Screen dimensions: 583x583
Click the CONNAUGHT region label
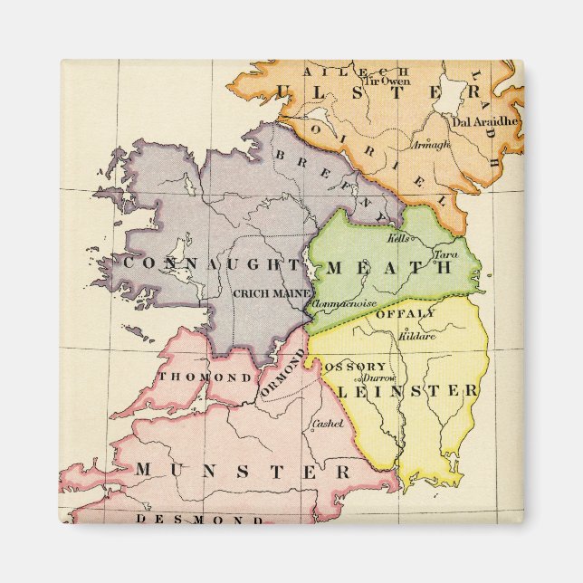211,263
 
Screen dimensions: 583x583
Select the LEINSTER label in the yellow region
408,390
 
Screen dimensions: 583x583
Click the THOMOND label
205,377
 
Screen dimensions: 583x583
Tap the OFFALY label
405,313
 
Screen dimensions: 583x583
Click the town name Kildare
416,336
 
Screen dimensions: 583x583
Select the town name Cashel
327,424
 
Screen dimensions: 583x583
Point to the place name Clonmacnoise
345,307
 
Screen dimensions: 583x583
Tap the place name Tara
444,255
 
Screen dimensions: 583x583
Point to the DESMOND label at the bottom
199,520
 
